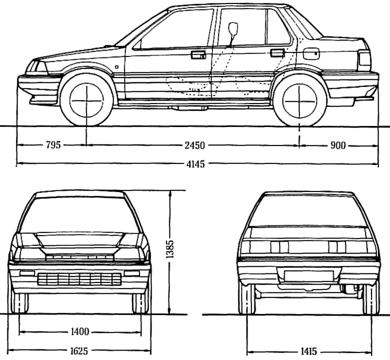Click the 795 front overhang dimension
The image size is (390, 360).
click(53, 145)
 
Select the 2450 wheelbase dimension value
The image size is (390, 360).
click(194, 145)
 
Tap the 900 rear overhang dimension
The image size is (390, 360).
click(338, 145)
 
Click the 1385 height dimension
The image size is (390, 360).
click(170, 250)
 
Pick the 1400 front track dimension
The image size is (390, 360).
click(80, 331)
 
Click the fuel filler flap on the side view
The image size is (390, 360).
click(312, 51)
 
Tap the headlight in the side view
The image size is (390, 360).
click(36, 66)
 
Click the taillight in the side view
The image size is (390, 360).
click(364, 61)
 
